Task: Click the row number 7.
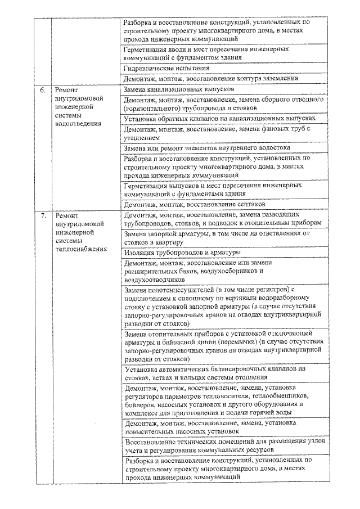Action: point(42,215)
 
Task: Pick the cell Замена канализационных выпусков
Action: point(179,89)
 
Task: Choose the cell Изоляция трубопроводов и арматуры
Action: point(183,253)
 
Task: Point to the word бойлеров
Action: point(141,404)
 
